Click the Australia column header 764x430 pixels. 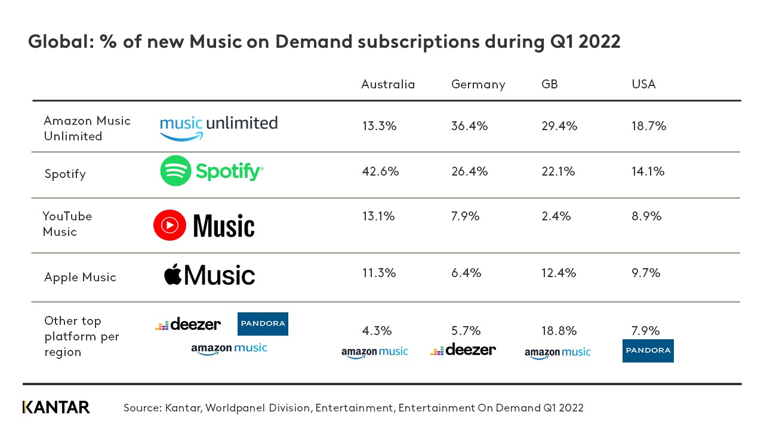click(x=387, y=84)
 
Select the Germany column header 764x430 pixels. click(x=478, y=84)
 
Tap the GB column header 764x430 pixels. click(x=549, y=84)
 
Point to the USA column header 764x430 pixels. click(x=643, y=84)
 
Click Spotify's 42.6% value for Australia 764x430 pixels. click(x=380, y=171)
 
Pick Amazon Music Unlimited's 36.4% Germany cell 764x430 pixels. click(x=469, y=126)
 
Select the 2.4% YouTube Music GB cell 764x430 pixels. click(x=556, y=216)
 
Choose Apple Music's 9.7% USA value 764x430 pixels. click(x=646, y=273)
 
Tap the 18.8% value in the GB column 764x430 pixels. click(x=559, y=331)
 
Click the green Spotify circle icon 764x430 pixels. click(x=175, y=171)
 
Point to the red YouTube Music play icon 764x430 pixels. click(x=170, y=225)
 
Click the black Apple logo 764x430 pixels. click(x=172, y=274)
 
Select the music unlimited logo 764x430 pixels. click(x=218, y=127)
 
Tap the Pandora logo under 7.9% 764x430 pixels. click(x=648, y=351)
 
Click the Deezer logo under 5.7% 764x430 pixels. click(x=463, y=350)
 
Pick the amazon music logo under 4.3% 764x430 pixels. click(x=375, y=352)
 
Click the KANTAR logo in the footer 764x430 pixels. click(x=56, y=407)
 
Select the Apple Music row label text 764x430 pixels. click(x=80, y=277)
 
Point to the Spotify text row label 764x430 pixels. click(x=65, y=174)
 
